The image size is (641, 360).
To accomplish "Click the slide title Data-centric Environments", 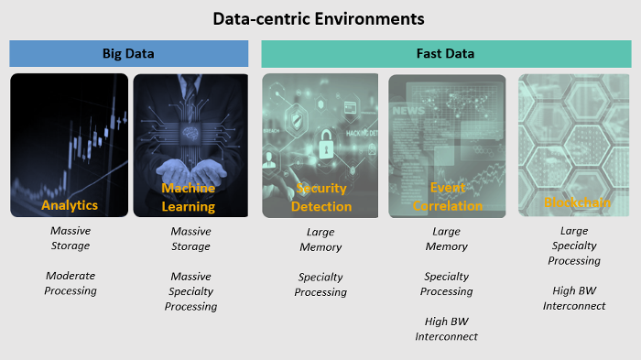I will pos(319,18).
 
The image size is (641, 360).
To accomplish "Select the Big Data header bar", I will pos(128,53).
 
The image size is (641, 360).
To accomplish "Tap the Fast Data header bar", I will pos(446,53).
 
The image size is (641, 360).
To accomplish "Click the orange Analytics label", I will pos(70,205).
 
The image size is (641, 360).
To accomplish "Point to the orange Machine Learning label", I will pos(189,197).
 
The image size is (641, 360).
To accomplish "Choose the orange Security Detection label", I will pos(321,197).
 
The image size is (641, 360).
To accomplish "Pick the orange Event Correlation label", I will pos(447,197).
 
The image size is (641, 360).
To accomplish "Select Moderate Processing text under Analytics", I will pos(71,283).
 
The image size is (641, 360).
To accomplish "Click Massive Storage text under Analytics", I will pos(71,238).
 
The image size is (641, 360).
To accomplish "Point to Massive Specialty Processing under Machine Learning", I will pos(190,291).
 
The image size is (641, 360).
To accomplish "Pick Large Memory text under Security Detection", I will pos(320,239).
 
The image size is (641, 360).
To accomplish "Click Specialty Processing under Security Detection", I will pos(320,284).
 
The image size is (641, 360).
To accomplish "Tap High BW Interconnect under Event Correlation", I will pos(447,329).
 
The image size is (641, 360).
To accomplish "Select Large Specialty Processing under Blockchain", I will pos(574,245).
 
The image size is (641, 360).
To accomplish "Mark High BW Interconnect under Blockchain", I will pos(574,298).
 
